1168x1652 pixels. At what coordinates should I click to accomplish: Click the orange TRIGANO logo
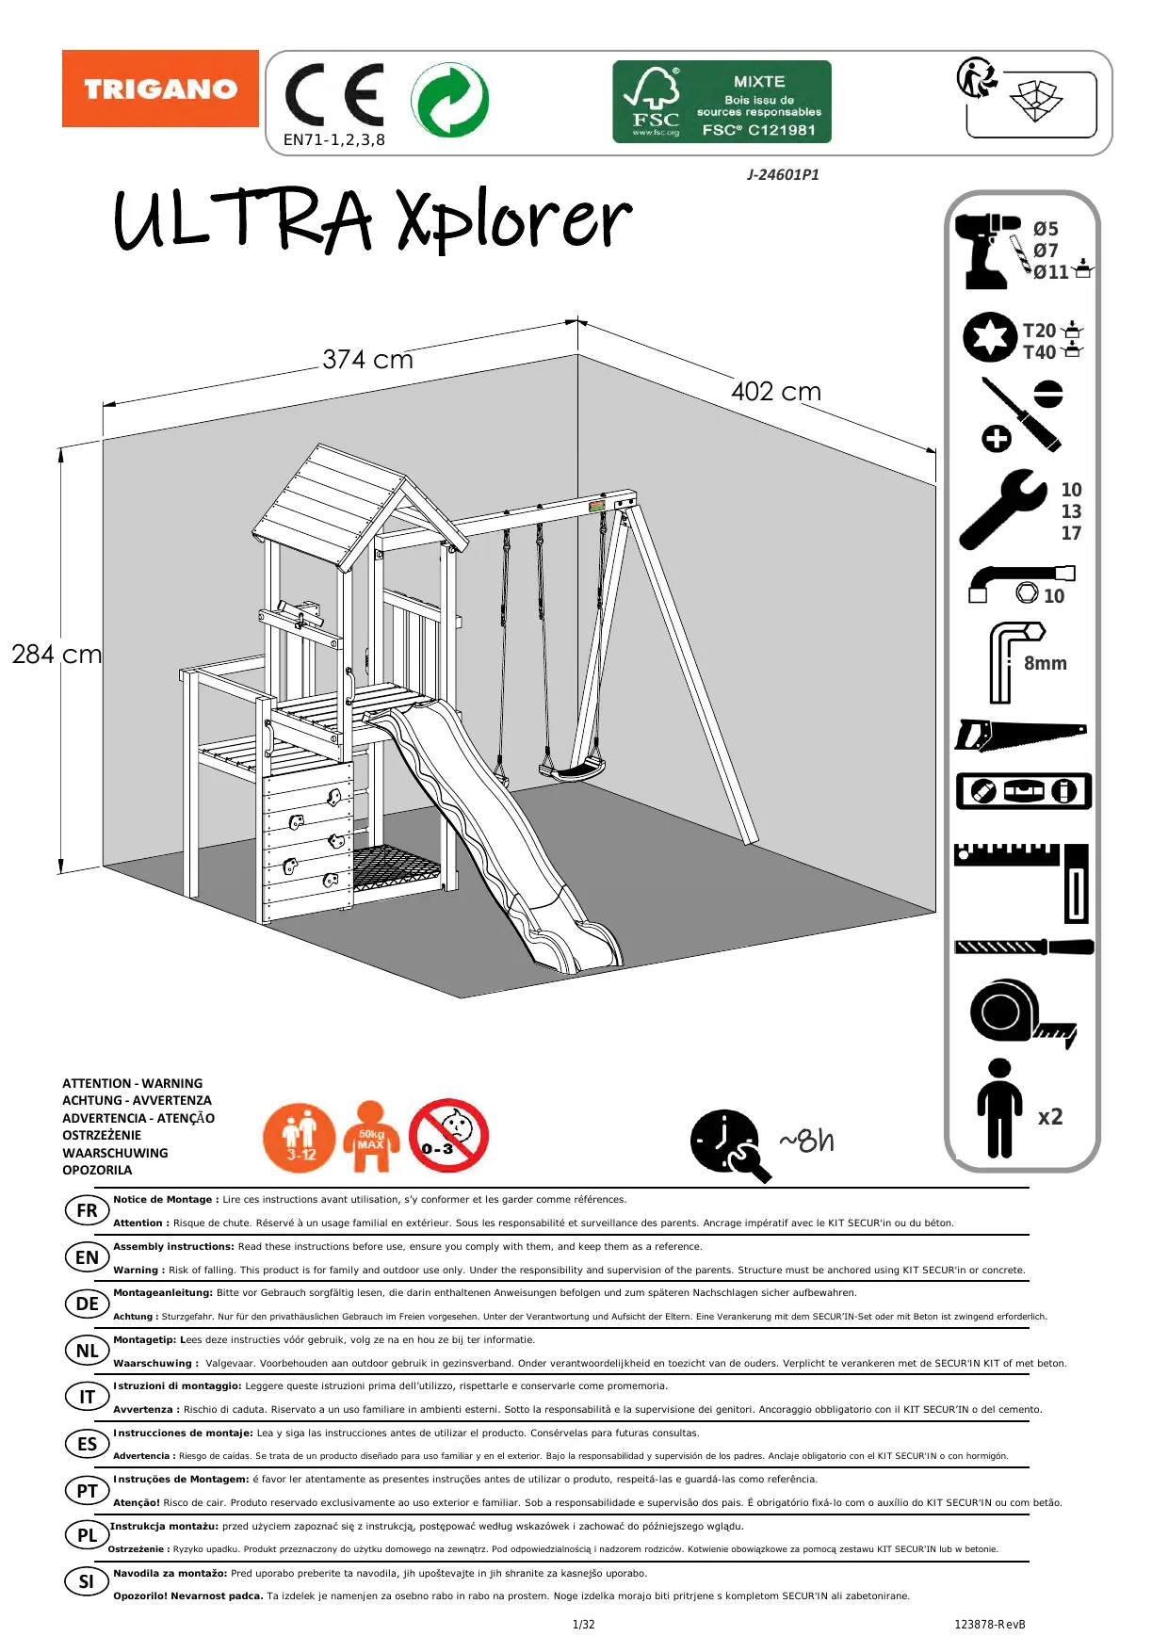click(x=160, y=89)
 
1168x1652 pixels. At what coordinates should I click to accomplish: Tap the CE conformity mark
click(x=334, y=95)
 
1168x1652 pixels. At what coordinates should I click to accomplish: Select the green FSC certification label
click(x=722, y=102)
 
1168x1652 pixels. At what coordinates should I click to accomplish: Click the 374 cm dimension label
click(x=367, y=360)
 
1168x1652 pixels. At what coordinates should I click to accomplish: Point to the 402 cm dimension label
click(x=776, y=392)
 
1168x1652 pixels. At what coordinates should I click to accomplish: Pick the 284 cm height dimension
click(x=57, y=655)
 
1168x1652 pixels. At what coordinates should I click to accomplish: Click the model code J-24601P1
click(x=783, y=175)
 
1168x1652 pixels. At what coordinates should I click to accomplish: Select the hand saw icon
click(x=1020, y=734)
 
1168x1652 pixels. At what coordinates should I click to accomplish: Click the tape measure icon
click(x=1021, y=1013)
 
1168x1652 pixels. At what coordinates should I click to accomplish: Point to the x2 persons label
click(x=1050, y=1117)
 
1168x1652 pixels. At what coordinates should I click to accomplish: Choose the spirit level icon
click(x=1023, y=791)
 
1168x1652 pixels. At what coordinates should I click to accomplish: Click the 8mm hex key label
click(x=1046, y=663)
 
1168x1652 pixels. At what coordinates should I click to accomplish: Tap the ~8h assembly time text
click(x=806, y=1142)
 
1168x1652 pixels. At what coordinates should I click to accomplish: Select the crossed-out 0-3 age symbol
click(x=448, y=1135)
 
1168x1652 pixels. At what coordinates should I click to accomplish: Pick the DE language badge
click(x=87, y=1304)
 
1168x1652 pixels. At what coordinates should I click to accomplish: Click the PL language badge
click(x=87, y=1535)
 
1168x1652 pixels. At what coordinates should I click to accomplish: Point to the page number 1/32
click(x=584, y=1625)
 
